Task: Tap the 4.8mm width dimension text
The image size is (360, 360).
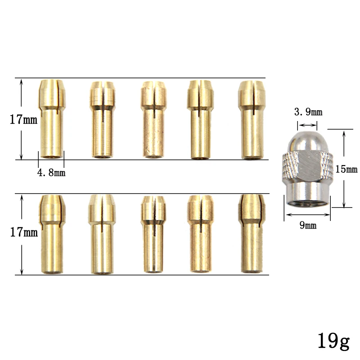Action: (x=51, y=173)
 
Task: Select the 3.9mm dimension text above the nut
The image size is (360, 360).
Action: (x=308, y=112)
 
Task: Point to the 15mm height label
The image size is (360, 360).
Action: (x=346, y=169)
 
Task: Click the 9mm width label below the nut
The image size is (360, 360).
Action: (x=308, y=225)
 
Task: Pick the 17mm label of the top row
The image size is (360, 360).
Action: (x=23, y=120)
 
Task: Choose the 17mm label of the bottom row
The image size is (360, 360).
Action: (x=24, y=232)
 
